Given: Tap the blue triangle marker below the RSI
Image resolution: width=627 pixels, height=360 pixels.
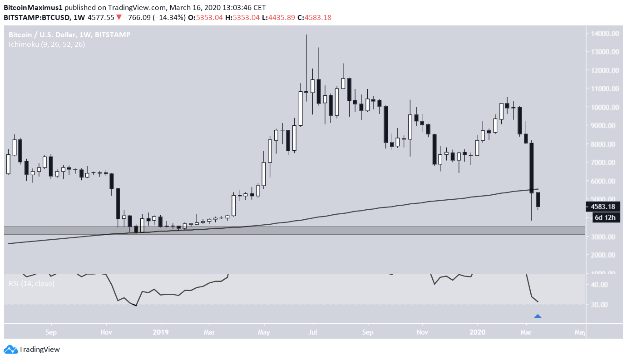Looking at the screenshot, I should tap(538, 316).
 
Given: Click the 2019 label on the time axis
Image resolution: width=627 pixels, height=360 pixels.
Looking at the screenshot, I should tap(161, 332).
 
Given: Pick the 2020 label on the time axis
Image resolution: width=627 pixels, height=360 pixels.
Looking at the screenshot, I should tap(477, 332).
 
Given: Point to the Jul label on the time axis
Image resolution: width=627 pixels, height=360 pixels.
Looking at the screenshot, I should tap(313, 332).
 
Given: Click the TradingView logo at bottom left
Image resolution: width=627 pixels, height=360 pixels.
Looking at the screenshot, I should tap(32, 350).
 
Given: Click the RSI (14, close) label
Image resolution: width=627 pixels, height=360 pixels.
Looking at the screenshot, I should tap(31, 284).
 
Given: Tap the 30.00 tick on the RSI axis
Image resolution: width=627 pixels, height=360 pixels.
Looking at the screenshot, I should tap(599, 305).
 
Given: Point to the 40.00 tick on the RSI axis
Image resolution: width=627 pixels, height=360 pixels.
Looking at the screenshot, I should tap(599, 285).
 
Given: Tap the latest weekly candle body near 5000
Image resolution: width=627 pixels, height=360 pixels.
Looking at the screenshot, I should tap(538, 200).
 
